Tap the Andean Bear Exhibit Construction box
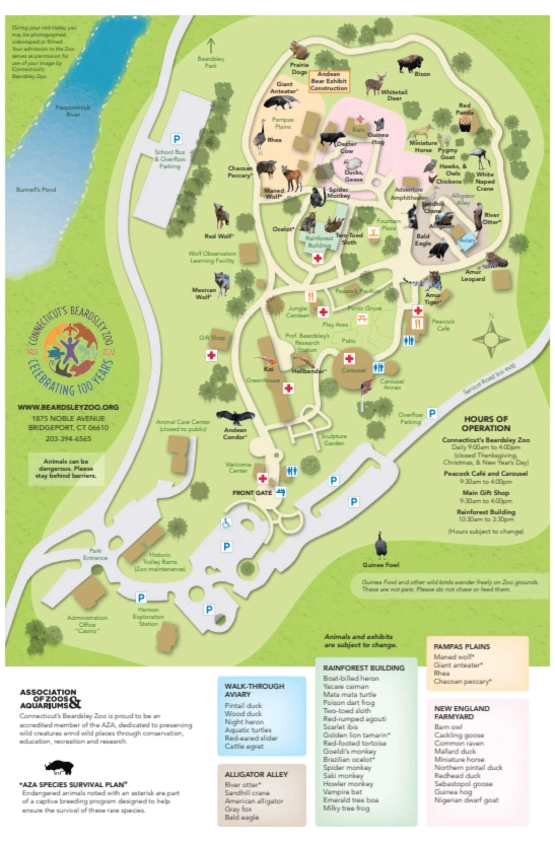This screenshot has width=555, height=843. point(329,81)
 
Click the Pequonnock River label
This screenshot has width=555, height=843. point(72,111)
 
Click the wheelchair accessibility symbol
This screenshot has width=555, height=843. point(226,523)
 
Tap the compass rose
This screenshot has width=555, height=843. point(491,339)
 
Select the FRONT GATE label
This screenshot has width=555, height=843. point(252,493)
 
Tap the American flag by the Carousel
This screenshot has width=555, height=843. point(367,386)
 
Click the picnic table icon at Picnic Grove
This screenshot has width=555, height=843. point(362,319)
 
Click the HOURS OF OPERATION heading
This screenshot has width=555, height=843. point(486,423)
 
